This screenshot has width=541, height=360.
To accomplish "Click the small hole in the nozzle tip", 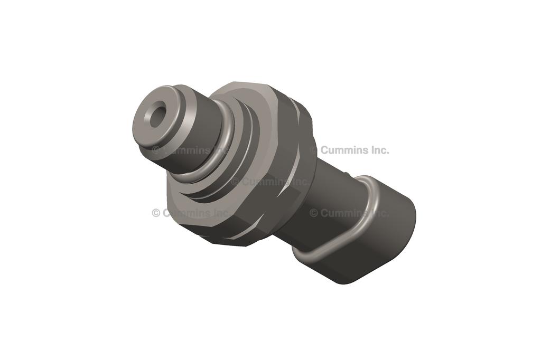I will pyautogui.click(x=157, y=117).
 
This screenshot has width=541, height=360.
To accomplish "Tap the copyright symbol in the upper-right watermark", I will pyautogui.click(x=314, y=150).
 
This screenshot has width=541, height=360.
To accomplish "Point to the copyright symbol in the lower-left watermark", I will pyautogui.click(x=156, y=213).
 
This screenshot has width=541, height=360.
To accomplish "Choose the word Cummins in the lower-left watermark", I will pyautogui.click(x=185, y=213).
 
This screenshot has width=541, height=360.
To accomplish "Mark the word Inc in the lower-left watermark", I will pyautogui.click(x=219, y=213).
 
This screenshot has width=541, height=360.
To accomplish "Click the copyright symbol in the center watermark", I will pyautogui.click(x=235, y=182).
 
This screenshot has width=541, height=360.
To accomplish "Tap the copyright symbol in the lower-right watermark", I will pyautogui.click(x=314, y=213).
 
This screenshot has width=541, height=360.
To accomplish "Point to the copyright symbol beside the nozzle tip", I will pyautogui.click(x=156, y=150).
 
